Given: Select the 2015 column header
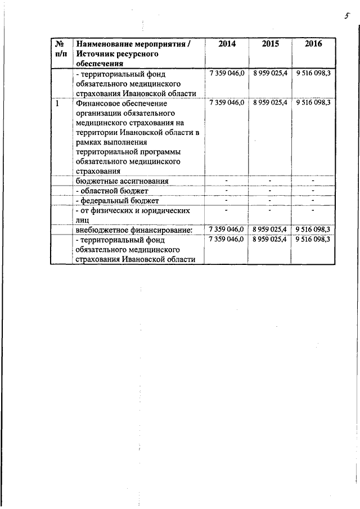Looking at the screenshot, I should pyautogui.click(x=270, y=44).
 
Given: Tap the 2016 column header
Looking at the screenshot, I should pyautogui.click(x=313, y=44).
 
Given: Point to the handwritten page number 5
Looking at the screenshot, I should pyautogui.click(x=349, y=17).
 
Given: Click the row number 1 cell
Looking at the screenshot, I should pyautogui.click(x=57, y=104).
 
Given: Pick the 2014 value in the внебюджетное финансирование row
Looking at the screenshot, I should pyautogui.click(x=226, y=229).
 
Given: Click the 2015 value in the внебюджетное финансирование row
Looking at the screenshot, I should pyautogui.click(x=270, y=229).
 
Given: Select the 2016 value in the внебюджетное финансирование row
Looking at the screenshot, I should pyautogui.click(x=313, y=229).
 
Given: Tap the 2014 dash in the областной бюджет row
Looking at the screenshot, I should pyautogui.click(x=226, y=191).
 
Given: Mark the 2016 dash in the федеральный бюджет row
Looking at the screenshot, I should pyautogui.click(x=313, y=200).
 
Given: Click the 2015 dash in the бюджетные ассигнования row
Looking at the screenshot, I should pyautogui.click(x=270, y=181).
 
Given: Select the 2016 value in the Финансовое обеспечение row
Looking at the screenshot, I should pyautogui.click(x=313, y=103).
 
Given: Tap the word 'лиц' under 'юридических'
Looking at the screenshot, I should pyautogui.click(x=82, y=220).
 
